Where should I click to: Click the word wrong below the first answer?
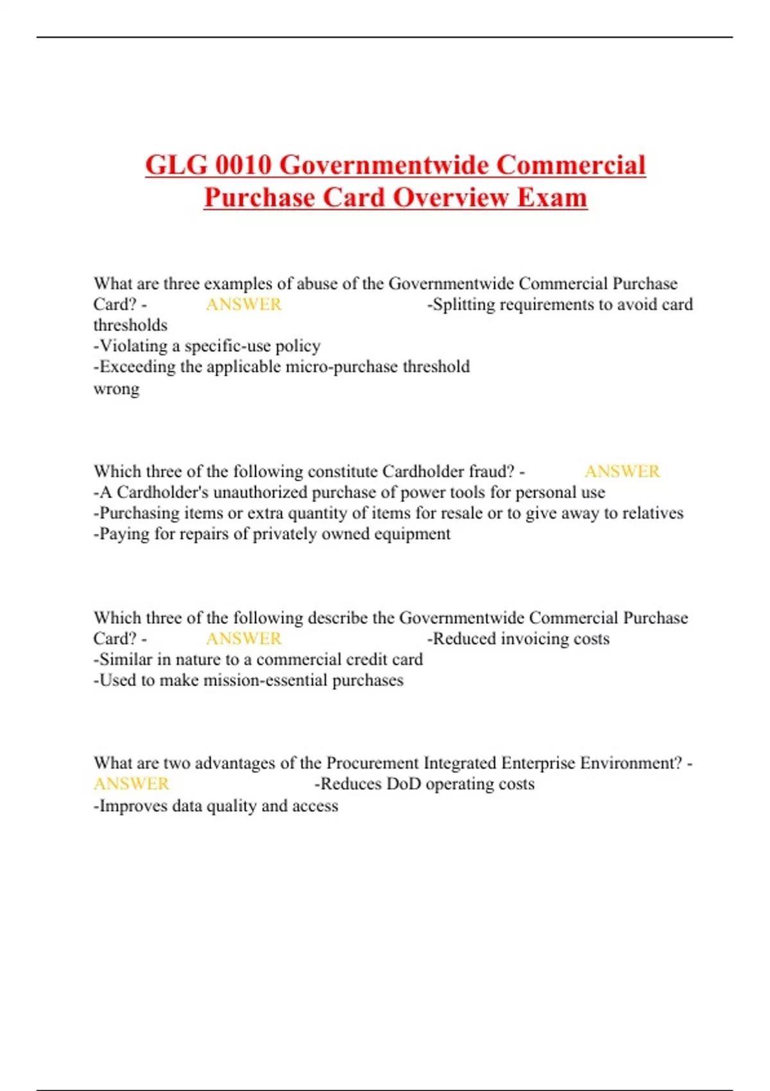(x=116, y=389)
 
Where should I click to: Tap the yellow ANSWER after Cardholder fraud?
(x=622, y=472)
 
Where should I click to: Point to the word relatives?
(x=653, y=513)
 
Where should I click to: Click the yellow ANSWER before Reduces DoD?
(x=132, y=784)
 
